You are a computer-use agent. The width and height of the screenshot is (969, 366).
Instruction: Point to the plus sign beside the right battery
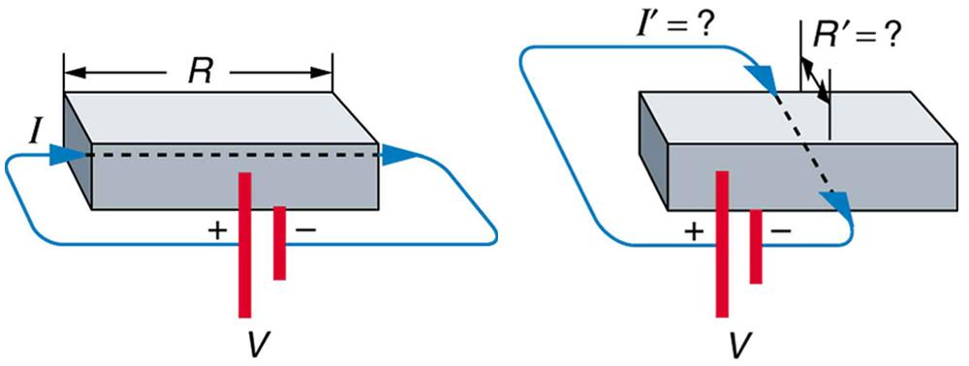(x=693, y=231)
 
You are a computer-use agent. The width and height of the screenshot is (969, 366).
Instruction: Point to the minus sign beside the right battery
(x=781, y=231)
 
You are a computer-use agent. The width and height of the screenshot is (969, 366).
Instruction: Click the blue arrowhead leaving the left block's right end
(x=398, y=153)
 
